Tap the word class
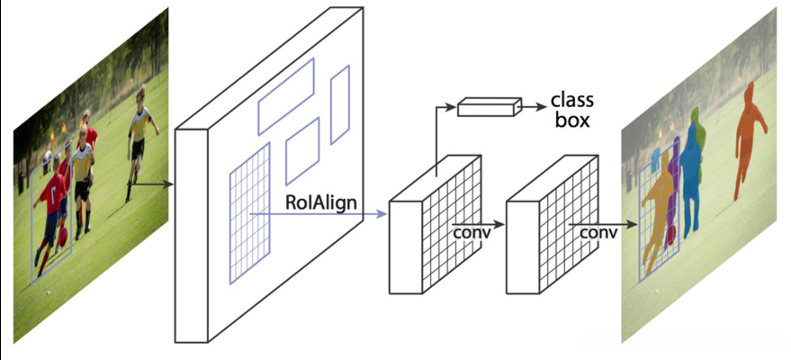click(571, 101)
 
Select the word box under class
click(571, 120)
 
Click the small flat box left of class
click(490, 108)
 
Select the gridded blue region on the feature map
click(249, 211)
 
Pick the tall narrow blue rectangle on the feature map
click(339, 104)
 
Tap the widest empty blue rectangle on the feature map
click(285, 96)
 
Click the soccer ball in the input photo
click(60, 239)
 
